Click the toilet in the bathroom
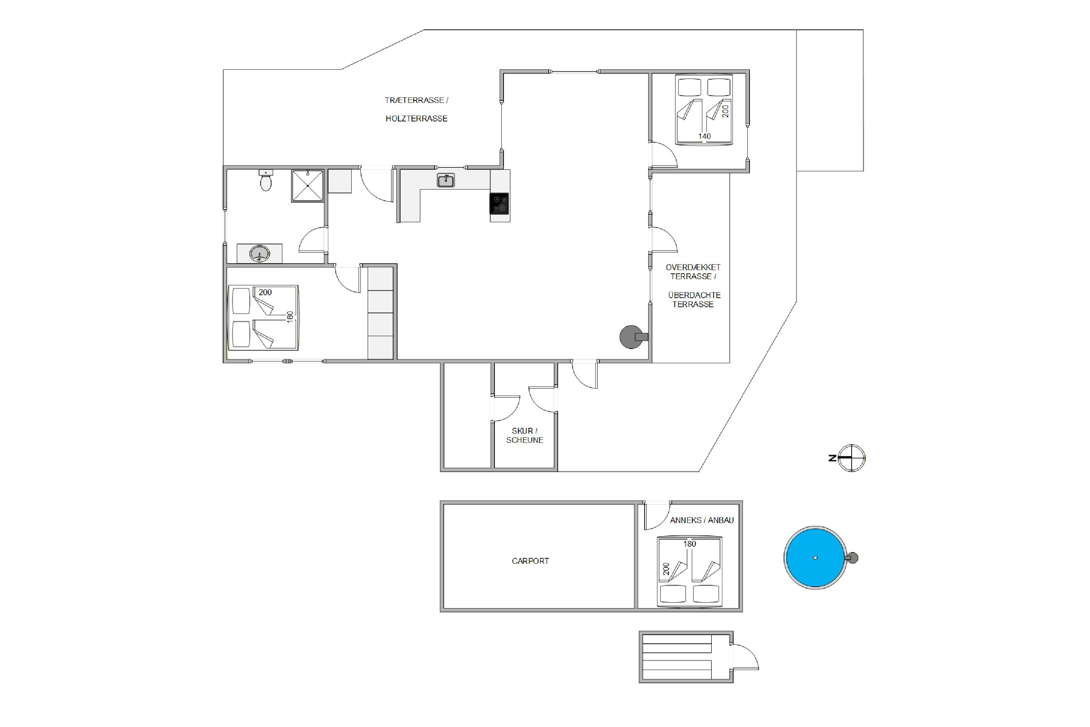coord(266,180)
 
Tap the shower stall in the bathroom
coord(307,186)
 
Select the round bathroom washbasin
coord(259,254)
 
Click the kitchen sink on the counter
coord(446,180)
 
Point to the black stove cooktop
coord(499,204)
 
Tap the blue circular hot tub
coord(815,558)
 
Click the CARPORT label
coord(530,561)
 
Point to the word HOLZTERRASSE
coord(416,119)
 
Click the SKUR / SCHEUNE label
coord(525,435)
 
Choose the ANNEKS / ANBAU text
coord(702,520)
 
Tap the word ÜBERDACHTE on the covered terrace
coord(694,295)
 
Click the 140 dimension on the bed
coord(705,136)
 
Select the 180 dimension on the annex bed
coord(690,544)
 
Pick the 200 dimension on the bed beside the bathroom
coord(265,292)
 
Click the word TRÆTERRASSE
coord(414,100)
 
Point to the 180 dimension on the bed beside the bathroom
coord(290,317)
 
